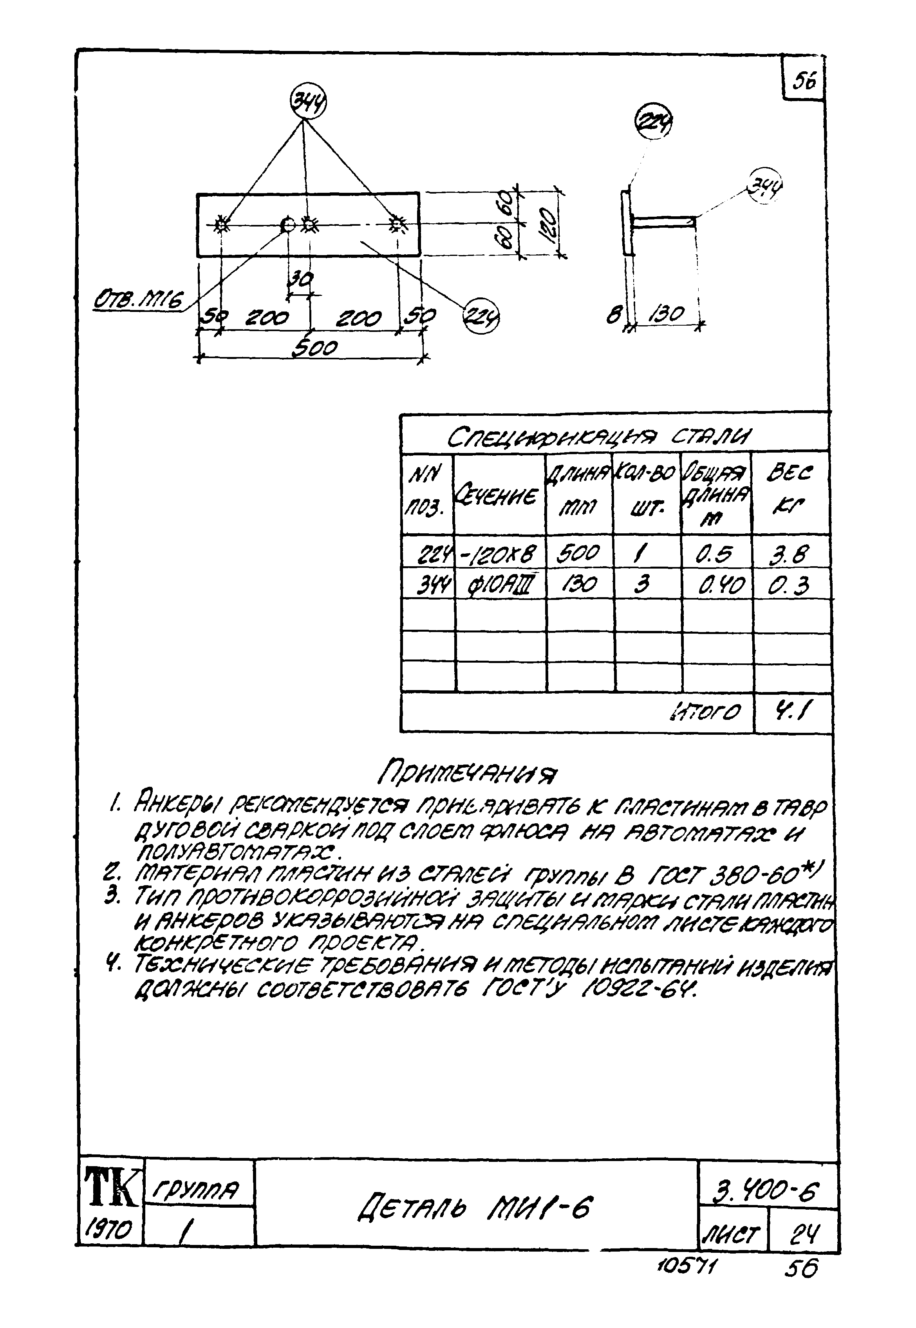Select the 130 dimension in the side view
[667, 313]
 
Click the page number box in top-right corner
[804, 80]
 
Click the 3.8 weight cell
[790, 554]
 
